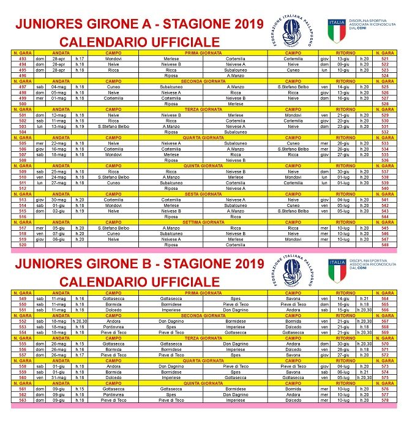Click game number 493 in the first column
point(22,58)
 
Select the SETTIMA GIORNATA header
point(203,222)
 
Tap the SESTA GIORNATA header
point(203,194)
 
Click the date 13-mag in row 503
point(59,127)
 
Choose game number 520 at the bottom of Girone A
point(22,245)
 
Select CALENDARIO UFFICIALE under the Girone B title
point(140,282)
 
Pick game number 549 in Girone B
point(22,299)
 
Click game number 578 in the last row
point(384,400)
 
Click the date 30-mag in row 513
point(59,200)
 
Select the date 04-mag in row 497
point(59,87)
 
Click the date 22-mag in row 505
point(59,143)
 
